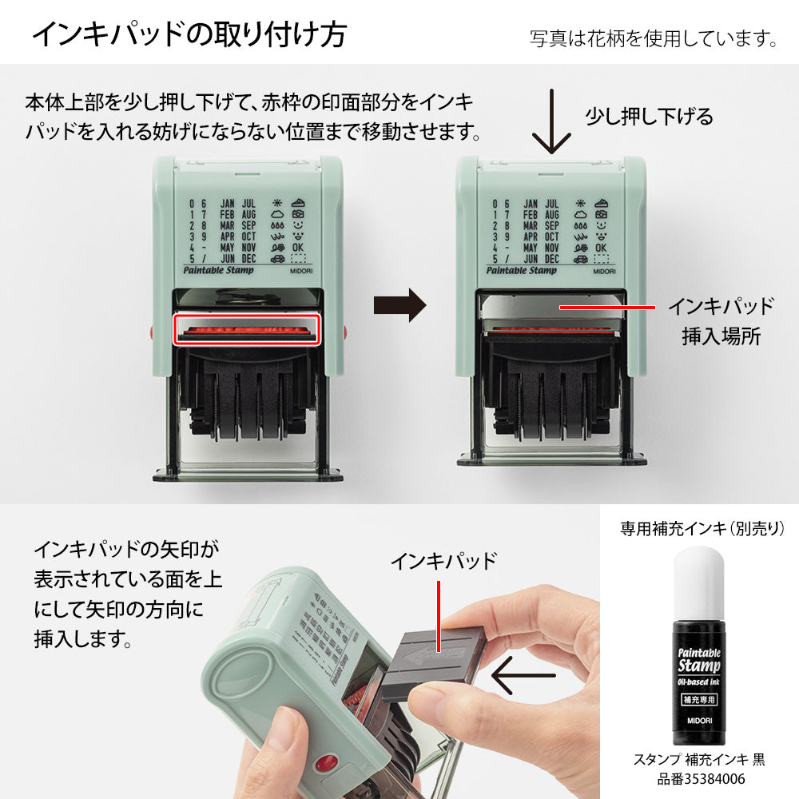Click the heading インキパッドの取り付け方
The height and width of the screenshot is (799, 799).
click(x=189, y=34)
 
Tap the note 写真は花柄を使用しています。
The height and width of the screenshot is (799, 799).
click(x=653, y=38)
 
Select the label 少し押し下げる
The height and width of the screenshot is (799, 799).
click(x=649, y=117)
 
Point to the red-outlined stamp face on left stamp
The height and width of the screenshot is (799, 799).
click(x=247, y=330)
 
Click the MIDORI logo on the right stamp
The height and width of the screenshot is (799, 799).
click(x=606, y=272)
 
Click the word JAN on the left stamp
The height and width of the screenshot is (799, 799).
click(x=227, y=203)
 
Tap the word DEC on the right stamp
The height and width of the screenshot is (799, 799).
click(x=551, y=259)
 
